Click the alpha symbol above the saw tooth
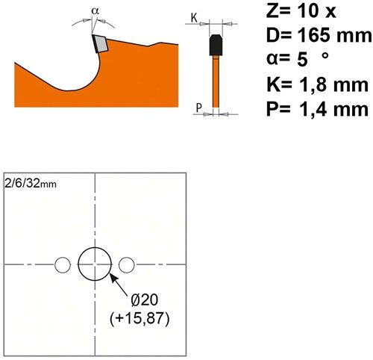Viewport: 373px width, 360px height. click(95, 11)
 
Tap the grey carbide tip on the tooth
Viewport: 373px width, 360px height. click(101, 44)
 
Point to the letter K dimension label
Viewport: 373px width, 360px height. click(194, 17)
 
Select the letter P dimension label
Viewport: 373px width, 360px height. click(198, 108)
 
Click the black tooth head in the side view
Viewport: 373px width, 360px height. click(216, 45)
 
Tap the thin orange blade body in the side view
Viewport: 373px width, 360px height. click(216, 82)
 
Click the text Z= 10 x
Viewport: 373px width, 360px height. click(301, 11)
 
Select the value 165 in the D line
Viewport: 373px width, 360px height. click(314, 35)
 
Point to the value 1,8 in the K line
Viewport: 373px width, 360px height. click(312, 84)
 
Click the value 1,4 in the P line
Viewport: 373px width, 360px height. click(312, 109)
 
